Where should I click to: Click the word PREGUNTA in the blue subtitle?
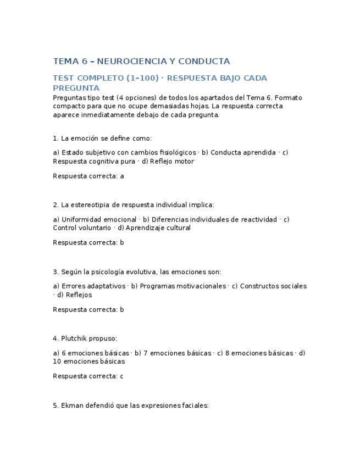click(76, 88)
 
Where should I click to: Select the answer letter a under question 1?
click(122, 176)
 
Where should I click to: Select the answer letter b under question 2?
click(122, 243)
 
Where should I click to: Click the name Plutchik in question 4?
click(75, 339)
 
